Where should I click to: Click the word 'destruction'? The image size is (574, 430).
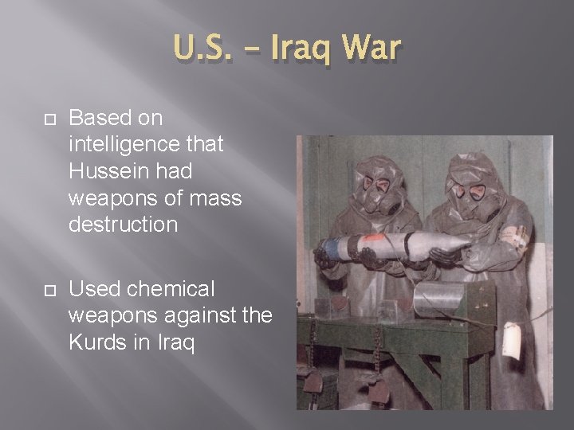tap(123, 224)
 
